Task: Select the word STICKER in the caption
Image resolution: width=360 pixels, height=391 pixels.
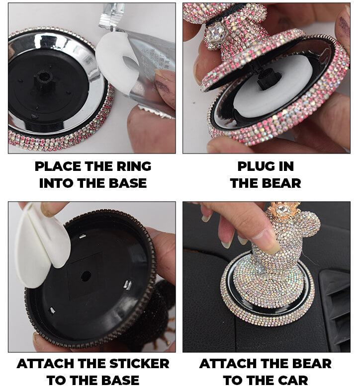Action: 140,364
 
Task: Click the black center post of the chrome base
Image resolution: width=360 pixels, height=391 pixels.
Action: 44,80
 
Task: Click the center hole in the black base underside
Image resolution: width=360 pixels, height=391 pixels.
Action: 86,276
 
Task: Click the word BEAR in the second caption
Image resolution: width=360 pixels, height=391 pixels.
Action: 281,183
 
